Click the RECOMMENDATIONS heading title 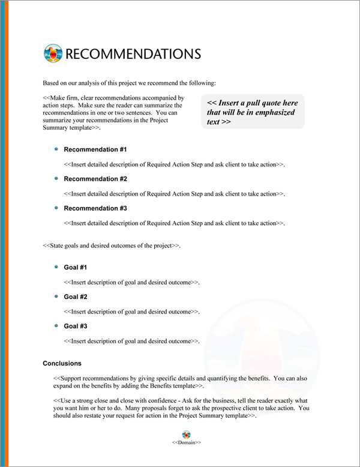132,53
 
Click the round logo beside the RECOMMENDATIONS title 53,53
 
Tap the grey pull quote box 253,112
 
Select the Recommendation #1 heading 95,149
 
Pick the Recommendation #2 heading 95,179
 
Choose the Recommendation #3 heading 95,208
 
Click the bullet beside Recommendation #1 56,149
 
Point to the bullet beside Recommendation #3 56,208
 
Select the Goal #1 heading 76,267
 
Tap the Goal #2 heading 76,297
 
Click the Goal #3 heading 76,326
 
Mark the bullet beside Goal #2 56,296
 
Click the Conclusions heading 62,364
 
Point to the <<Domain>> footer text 186,442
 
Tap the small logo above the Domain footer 186,433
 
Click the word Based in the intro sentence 52,82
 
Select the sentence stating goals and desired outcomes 112,246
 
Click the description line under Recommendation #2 174,194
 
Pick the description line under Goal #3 131,341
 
